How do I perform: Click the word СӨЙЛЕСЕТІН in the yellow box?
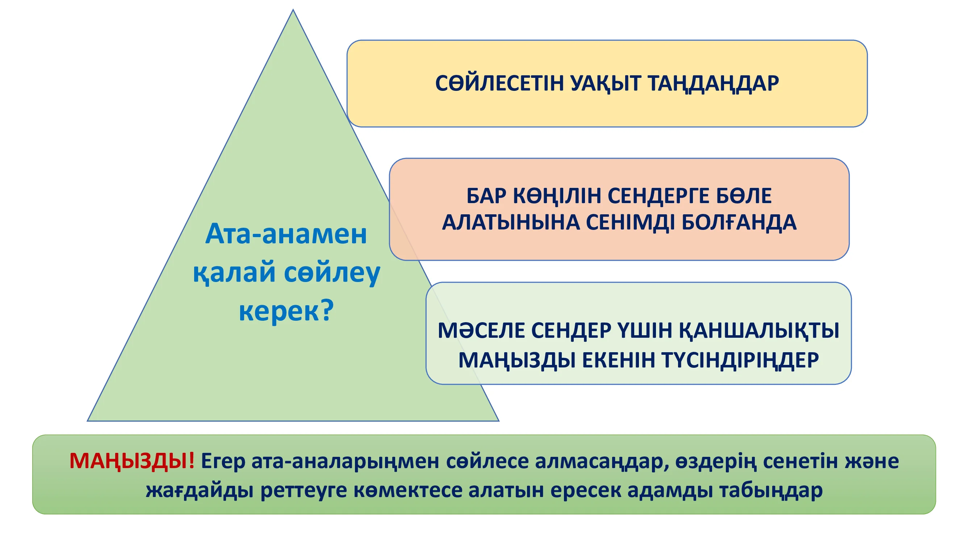(499, 83)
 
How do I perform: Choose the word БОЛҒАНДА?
(739, 223)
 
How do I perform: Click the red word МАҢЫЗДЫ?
(132, 461)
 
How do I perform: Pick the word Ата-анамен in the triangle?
(286, 234)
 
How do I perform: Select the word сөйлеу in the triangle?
(332, 273)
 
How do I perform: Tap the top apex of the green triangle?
(293, 10)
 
